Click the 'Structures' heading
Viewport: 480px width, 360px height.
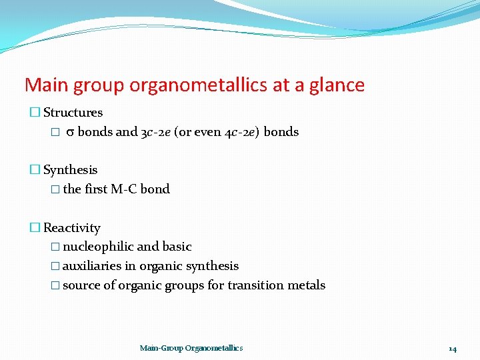[x=73, y=113]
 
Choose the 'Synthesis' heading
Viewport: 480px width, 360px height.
[x=70, y=170]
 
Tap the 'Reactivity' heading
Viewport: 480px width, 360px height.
[x=71, y=228]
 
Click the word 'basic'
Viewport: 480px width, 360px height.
[x=177, y=247]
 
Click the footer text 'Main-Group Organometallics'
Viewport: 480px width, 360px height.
[x=191, y=348]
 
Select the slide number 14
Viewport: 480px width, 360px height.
[x=453, y=349]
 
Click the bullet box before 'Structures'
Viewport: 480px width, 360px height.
[x=35, y=113]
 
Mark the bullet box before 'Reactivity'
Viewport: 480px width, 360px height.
[x=35, y=229]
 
